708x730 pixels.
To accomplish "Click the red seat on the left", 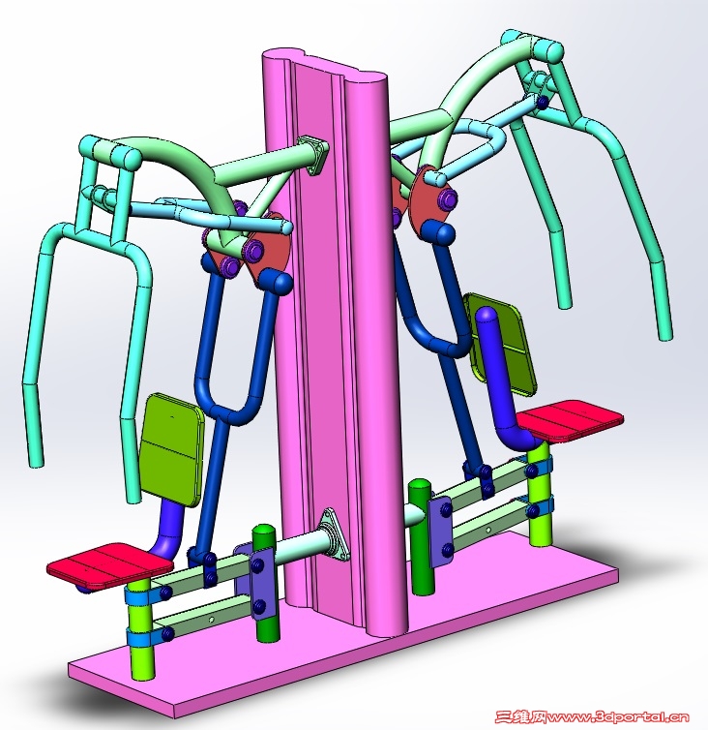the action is coord(110,564).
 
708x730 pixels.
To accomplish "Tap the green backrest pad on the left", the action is coord(172,449).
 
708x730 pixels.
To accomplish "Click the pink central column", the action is coord(335,326).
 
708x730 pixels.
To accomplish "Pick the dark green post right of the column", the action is coord(420,535).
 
